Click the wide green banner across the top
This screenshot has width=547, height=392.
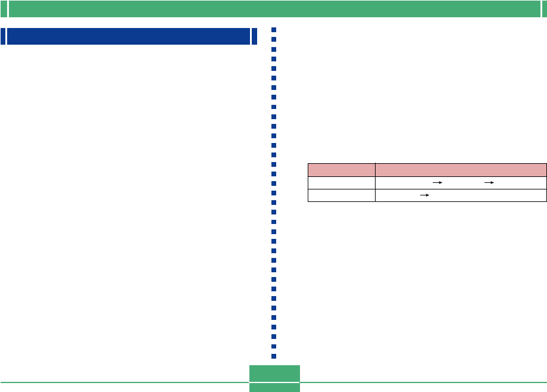tap(274, 9)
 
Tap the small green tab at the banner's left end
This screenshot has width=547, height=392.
tap(4, 9)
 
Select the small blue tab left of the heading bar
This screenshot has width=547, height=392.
tap(3, 36)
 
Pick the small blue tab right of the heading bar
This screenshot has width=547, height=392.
tap(255, 36)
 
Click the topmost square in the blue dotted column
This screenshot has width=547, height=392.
tap(274, 30)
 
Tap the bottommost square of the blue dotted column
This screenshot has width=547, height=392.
tap(274, 356)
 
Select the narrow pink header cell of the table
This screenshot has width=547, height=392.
tap(341, 169)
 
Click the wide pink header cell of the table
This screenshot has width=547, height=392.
tap(461, 169)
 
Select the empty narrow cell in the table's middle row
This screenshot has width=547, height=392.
tap(341, 182)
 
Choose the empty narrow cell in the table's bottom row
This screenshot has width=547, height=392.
tap(341, 195)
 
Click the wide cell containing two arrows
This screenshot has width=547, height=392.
tap(461, 182)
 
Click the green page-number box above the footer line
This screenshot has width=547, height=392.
tap(274, 373)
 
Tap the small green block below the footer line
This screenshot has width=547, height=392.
tap(274, 387)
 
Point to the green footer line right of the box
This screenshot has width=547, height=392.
tap(423, 382)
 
